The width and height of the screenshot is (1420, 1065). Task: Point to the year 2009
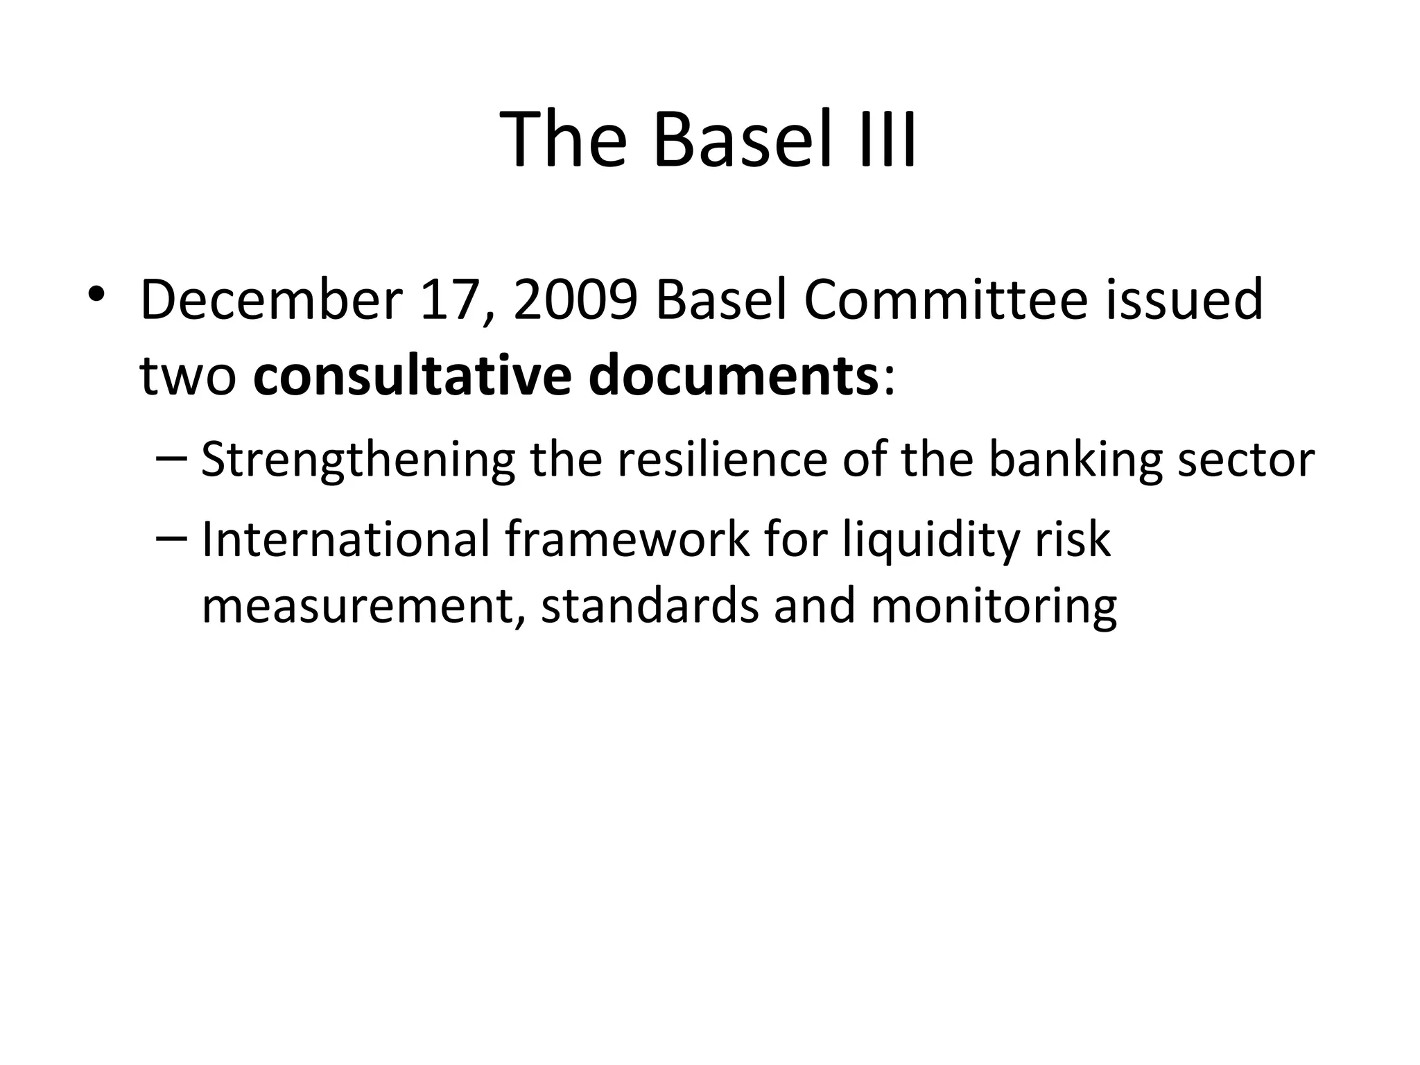click(x=575, y=300)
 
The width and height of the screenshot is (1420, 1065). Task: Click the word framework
click(x=627, y=539)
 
